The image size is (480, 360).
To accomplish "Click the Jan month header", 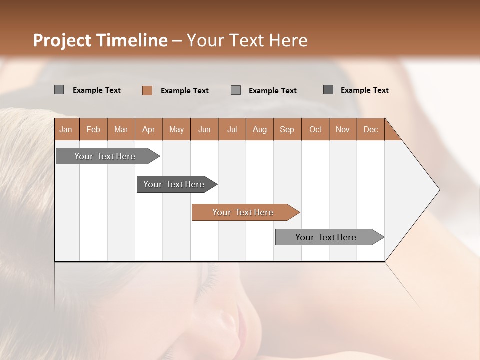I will [x=66, y=129].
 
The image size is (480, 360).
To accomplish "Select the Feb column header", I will [x=93, y=129].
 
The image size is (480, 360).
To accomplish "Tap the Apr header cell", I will [x=149, y=129].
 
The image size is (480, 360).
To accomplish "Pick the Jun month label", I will [x=204, y=129].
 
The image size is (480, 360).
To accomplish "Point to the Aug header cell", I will [x=260, y=129].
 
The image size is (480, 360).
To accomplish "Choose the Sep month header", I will [x=287, y=129].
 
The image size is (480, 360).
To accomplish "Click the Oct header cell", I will [x=315, y=129].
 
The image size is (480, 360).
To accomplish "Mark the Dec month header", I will [x=371, y=129].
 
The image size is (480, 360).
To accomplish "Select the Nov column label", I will [x=343, y=129].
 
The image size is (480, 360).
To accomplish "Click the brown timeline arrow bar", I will [x=245, y=212].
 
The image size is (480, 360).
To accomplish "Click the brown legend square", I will [x=147, y=90].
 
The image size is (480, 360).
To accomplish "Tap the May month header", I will [x=176, y=129].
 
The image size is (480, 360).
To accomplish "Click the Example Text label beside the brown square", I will [x=185, y=90].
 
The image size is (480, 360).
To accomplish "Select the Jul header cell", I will [x=232, y=129].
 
